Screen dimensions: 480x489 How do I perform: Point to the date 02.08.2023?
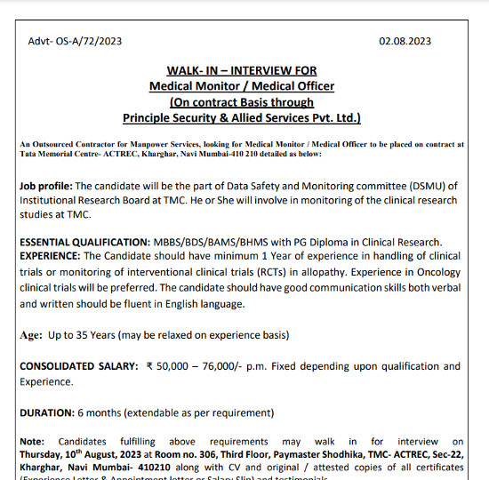(x=405, y=41)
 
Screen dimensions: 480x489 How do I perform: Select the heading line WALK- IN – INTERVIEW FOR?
(x=241, y=70)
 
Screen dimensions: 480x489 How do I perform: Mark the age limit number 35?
(x=84, y=335)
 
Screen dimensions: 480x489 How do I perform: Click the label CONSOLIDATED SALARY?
(x=78, y=366)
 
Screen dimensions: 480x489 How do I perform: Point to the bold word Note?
(x=32, y=441)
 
